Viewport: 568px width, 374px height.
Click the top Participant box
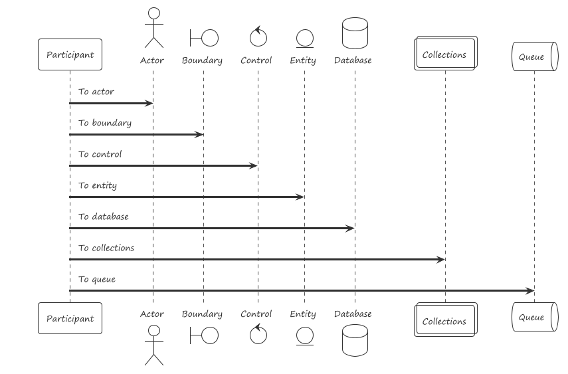point(70,55)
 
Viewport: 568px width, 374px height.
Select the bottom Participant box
point(70,318)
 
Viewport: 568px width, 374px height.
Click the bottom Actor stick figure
point(153,345)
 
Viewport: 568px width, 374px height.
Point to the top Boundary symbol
point(203,38)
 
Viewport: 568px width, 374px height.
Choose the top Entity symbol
point(304,39)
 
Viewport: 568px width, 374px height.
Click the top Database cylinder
point(354,33)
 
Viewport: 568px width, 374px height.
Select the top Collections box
point(444,54)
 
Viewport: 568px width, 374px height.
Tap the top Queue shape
point(533,56)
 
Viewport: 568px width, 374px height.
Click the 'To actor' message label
point(96,92)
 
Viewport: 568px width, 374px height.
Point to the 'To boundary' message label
point(105,123)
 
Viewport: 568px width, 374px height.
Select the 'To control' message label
point(100,154)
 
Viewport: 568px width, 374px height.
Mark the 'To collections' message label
point(106,248)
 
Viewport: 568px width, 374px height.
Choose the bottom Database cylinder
point(354,340)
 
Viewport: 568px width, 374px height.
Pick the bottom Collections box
point(444,321)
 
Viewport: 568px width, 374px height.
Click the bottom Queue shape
point(533,318)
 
